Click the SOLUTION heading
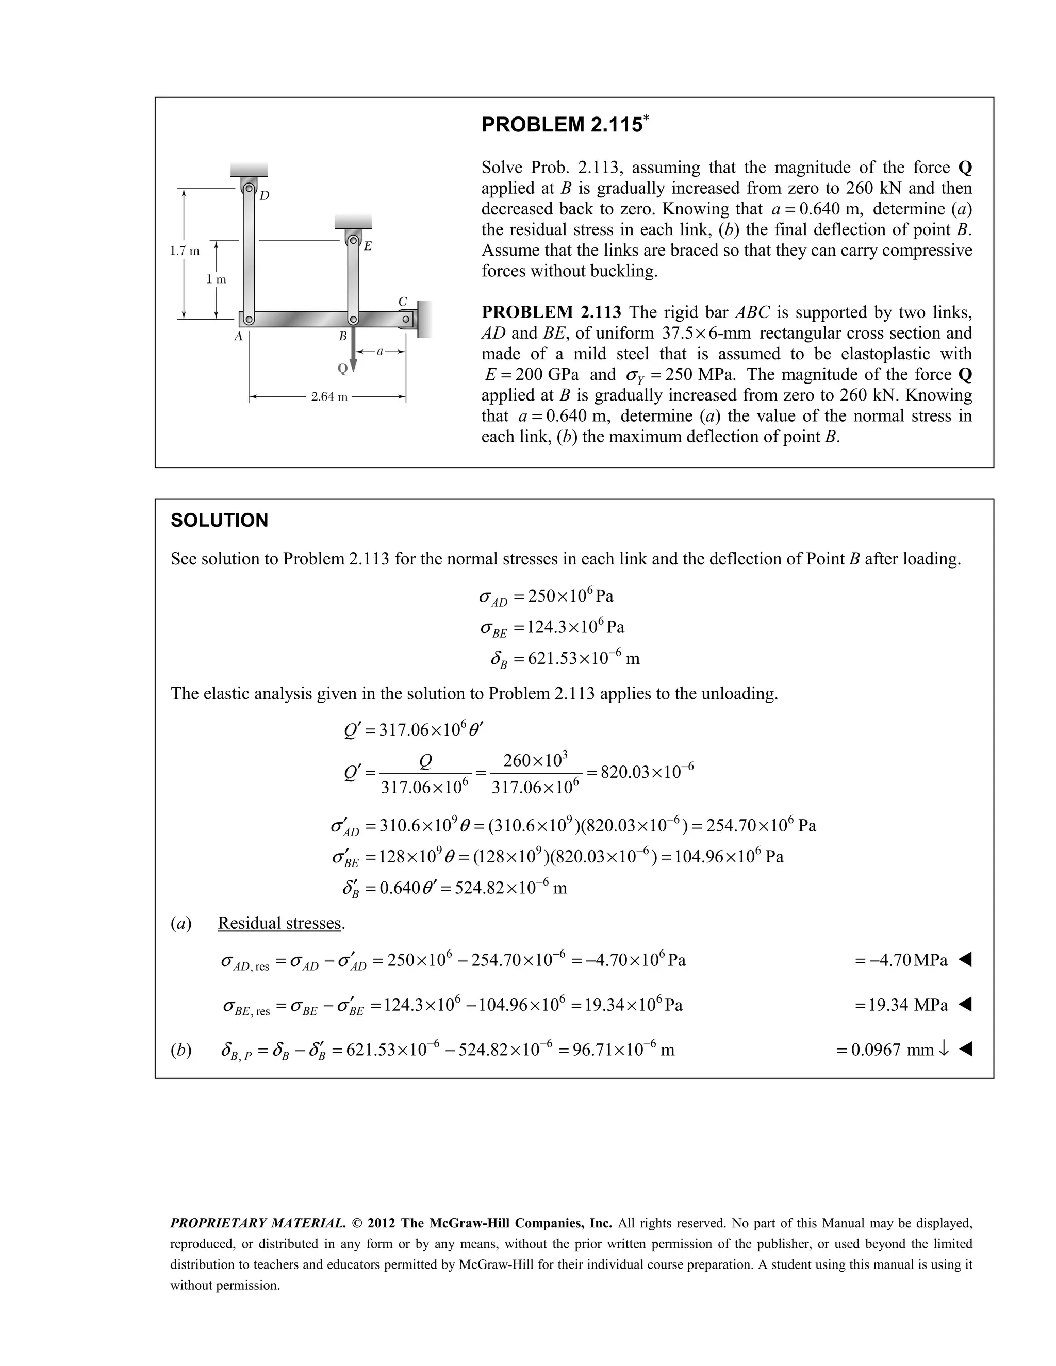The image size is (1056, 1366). [x=219, y=521]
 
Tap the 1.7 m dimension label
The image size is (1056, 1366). [x=185, y=252]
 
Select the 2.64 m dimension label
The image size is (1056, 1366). [x=329, y=397]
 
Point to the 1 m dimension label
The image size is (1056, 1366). [x=217, y=279]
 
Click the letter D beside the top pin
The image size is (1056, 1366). [x=265, y=196]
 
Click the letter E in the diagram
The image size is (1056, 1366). [x=368, y=246]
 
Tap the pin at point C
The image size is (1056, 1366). [x=405, y=320]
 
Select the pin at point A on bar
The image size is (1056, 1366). [x=249, y=320]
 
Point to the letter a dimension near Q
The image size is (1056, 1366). [x=379, y=352]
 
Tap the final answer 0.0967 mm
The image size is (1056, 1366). [x=892, y=1050]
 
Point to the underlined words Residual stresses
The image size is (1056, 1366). [x=281, y=923]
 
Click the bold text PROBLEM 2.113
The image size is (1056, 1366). [x=551, y=312]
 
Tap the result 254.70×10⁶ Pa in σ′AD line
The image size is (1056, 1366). [x=761, y=826]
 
